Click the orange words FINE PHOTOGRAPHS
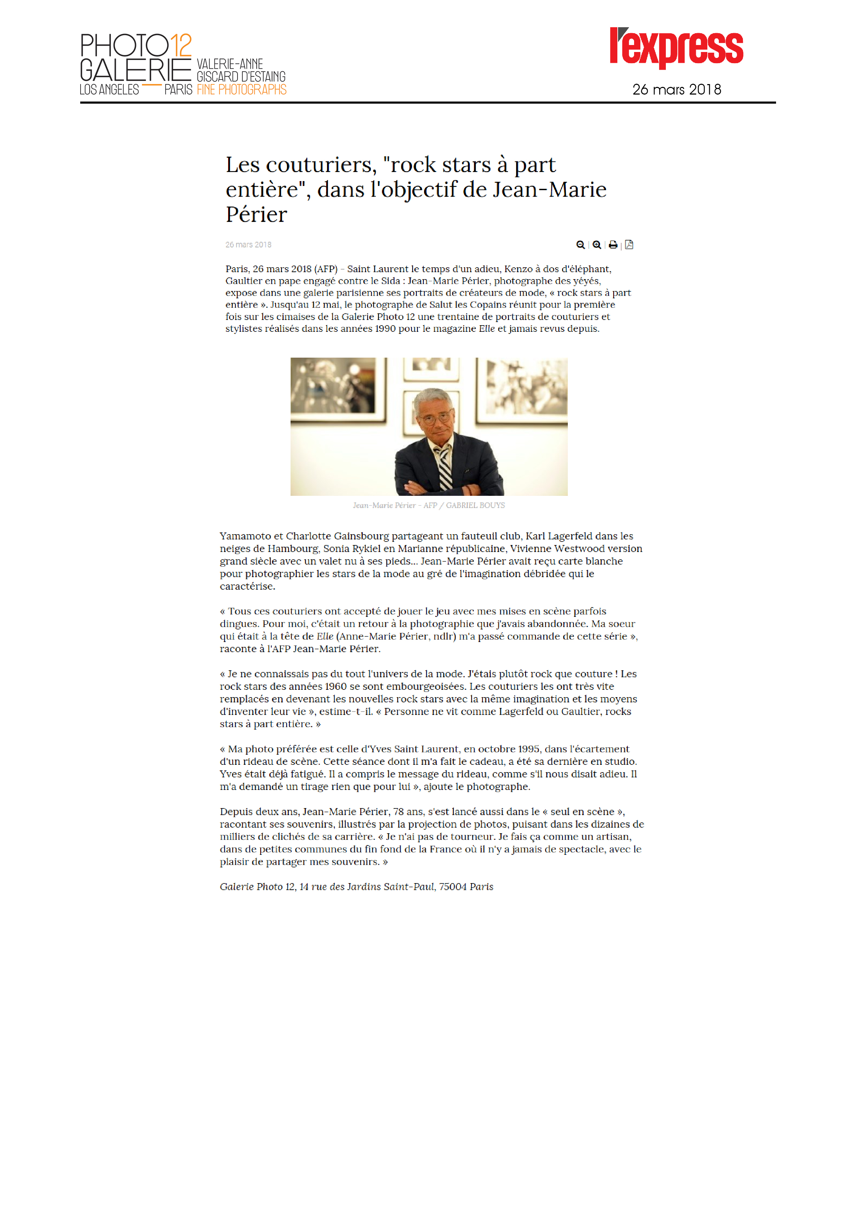[241, 90]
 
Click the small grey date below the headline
[248, 245]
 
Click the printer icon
[613, 245]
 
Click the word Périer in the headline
[256, 215]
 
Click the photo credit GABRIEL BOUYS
[475, 505]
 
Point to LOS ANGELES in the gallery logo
[109, 90]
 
